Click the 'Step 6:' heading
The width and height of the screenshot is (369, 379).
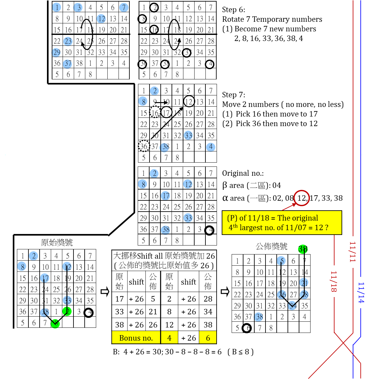pyautogui.click(x=234, y=10)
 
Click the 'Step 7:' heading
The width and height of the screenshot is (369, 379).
pyautogui.click(x=234, y=95)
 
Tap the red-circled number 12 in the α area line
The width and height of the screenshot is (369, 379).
pyautogui.click(x=301, y=198)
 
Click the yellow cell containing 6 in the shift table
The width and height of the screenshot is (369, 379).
pyautogui.click(x=208, y=338)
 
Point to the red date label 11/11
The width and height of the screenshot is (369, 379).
pyautogui.click(x=352, y=252)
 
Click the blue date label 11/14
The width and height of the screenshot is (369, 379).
pyautogui.click(x=361, y=292)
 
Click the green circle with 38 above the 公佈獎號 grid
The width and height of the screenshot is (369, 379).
pyautogui.click(x=303, y=249)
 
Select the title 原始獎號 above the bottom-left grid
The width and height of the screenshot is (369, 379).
pyautogui.click(x=57, y=243)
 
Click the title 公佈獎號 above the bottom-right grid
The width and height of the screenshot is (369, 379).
pyautogui.click(x=272, y=246)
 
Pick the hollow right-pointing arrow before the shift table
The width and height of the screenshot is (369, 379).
pyautogui.click(x=105, y=292)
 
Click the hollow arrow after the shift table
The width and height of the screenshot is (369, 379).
pyautogui.click(x=225, y=292)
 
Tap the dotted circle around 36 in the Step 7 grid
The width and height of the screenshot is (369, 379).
pyautogui.click(x=144, y=146)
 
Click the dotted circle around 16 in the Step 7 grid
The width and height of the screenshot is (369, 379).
pyautogui.click(x=155, y=113)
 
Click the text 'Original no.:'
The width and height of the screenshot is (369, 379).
pyautogui.click(x=243, y=173)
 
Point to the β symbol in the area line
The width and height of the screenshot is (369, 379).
pyautogui.click(x=225, y=185)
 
